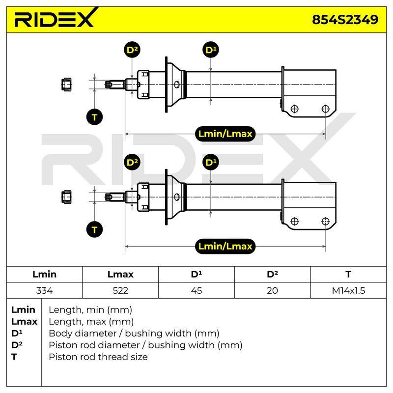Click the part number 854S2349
coord(345,20)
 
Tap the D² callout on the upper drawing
coord(132,50)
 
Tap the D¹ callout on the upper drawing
coord(211,50)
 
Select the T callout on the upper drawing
coord(94,117)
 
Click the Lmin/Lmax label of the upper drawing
coord(225,134)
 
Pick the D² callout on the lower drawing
coord(132,162)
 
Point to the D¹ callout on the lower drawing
coord(211,162)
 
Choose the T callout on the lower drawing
coord(94,229)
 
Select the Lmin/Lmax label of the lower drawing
coord(225,246)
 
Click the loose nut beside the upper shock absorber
coord(66,84)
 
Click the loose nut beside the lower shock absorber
coord(66,197)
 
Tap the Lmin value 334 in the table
coord(44,290)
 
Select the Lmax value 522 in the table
coord(120,290)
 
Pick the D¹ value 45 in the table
coord(196,290)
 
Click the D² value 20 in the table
coord(272,290)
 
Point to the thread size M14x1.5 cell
coord(348,290)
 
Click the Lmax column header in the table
coord(120,274)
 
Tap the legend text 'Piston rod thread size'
coord(98,357)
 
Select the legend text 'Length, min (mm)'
coord(90,310)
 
